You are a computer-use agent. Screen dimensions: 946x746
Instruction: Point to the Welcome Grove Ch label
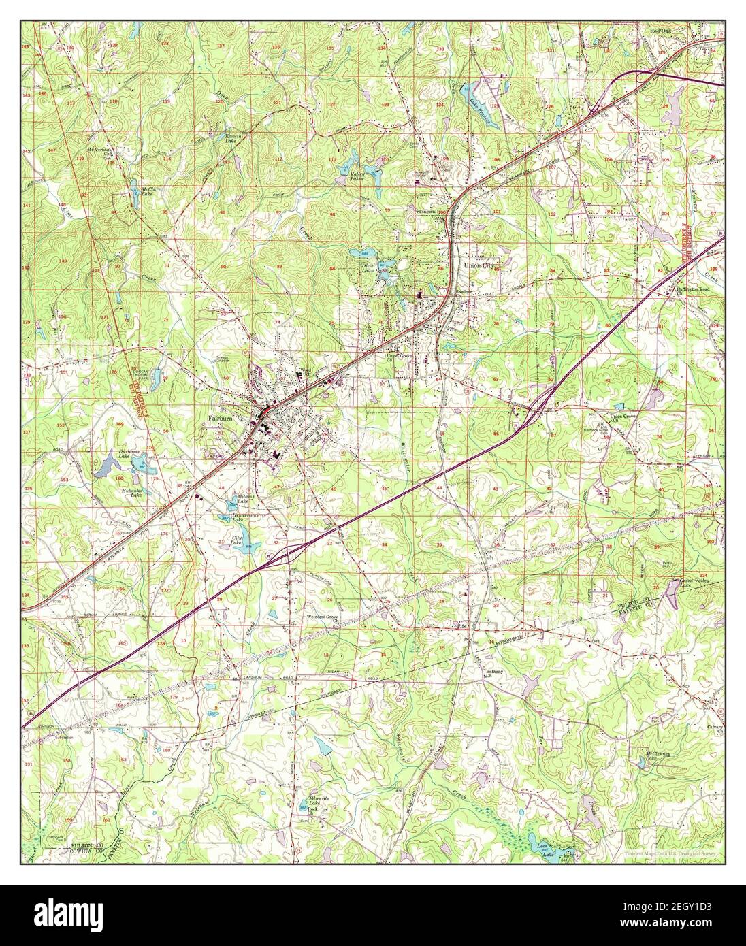323,619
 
